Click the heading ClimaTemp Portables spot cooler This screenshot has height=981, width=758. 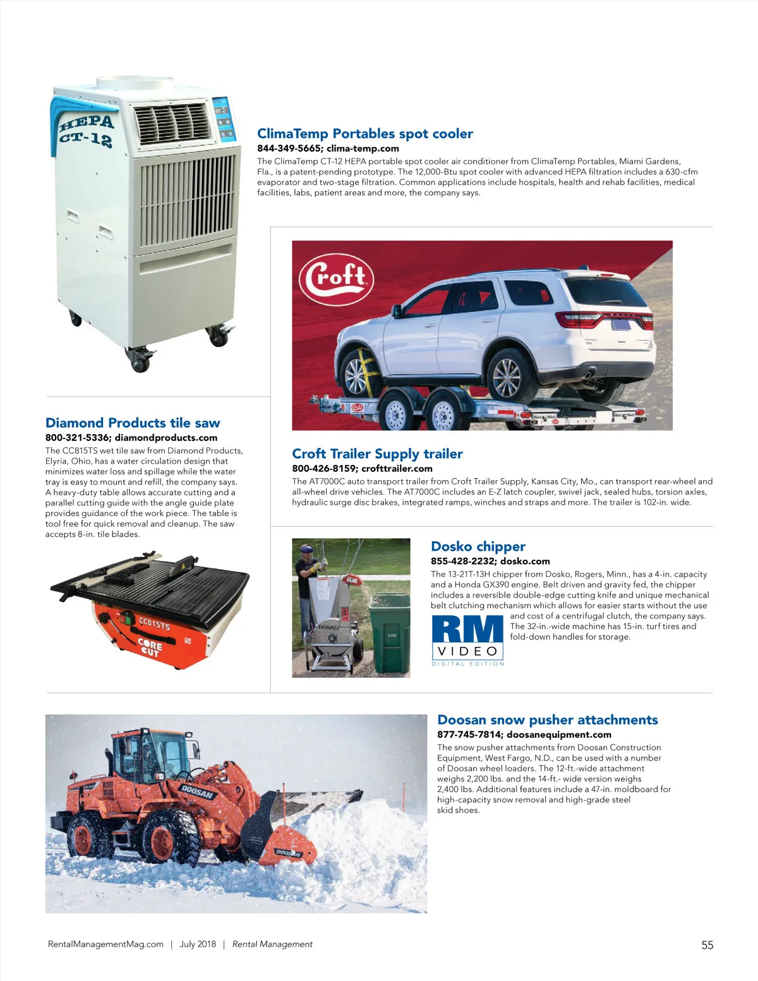(364, 133)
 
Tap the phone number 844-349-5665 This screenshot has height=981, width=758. (289, 148)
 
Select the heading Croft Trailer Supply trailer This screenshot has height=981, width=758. (377, 454)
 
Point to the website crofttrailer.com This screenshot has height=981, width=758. (397, 469)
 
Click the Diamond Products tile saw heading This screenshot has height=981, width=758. (133, 423)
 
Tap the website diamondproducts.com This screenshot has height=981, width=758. (166, 438)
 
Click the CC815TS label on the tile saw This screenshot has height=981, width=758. (154, 624)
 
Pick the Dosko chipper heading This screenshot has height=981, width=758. (478, 546)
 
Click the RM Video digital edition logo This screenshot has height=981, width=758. (468, 639)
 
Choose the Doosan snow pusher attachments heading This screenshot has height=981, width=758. (547, 719)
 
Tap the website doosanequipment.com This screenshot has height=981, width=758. (559, 735)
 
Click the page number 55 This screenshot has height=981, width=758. (707, 945)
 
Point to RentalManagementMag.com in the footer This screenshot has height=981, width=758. (105, 944)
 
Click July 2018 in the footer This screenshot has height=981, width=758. (198, 944)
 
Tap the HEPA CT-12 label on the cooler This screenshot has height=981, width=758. (87, 129)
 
